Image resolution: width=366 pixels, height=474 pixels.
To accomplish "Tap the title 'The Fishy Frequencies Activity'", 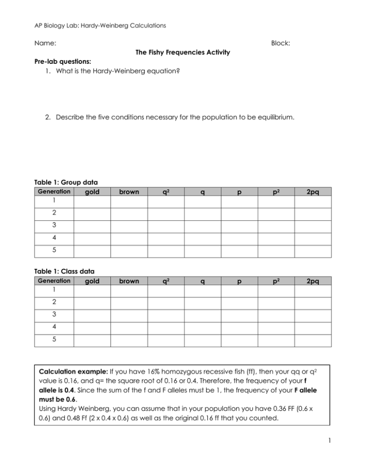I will (183, 52).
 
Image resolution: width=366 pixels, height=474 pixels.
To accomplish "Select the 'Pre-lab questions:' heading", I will (63, 62).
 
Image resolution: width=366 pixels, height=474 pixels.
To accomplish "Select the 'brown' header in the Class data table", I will (129, 281).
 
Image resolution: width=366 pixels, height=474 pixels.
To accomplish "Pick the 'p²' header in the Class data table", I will (276, 281).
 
